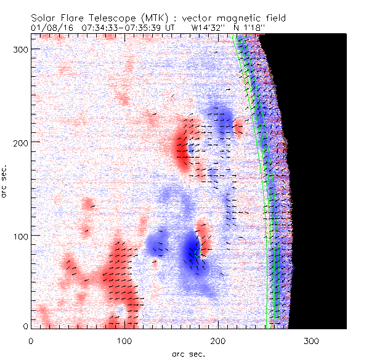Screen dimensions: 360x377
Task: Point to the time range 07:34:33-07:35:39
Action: (x=118, y=27)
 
